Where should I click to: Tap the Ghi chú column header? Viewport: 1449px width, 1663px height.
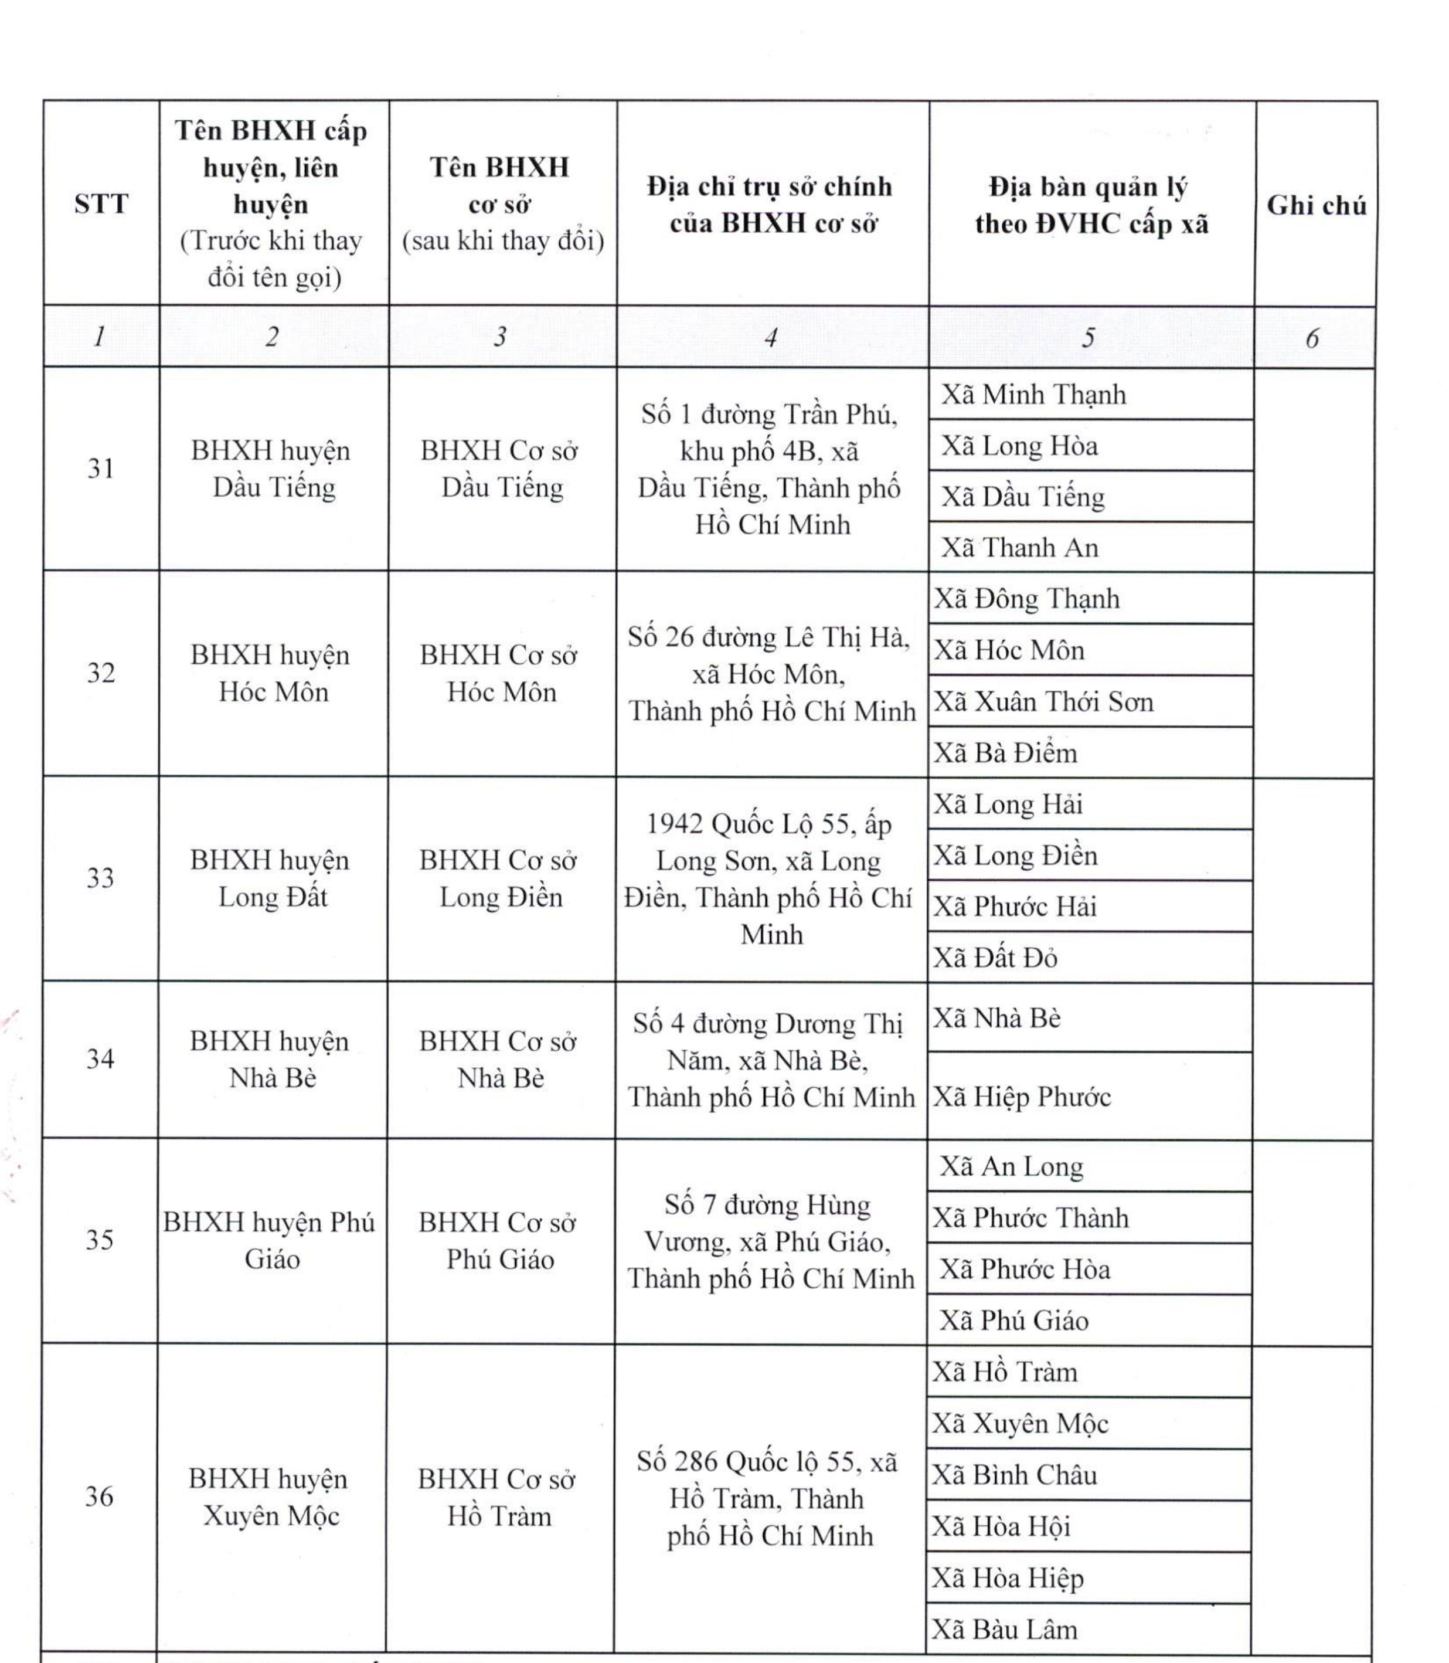pyautogui.click(x=1315, y=205)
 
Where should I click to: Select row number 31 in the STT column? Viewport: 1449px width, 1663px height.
pyautogui.click(x=101, y=469)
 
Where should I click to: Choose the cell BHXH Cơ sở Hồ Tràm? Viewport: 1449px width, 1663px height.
pyautogui.click(x=499, y=1497)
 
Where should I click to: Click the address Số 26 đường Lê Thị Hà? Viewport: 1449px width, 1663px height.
pyautogui.click(x=771, y=674)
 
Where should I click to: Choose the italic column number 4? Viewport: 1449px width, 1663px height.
pyautogui.click(x=771, y=337)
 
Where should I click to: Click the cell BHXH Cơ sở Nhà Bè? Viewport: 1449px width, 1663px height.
pyautogui.click(x=500, y=1059)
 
